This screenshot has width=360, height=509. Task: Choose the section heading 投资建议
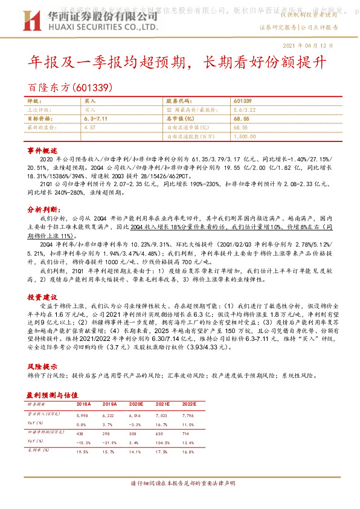[42, 297]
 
